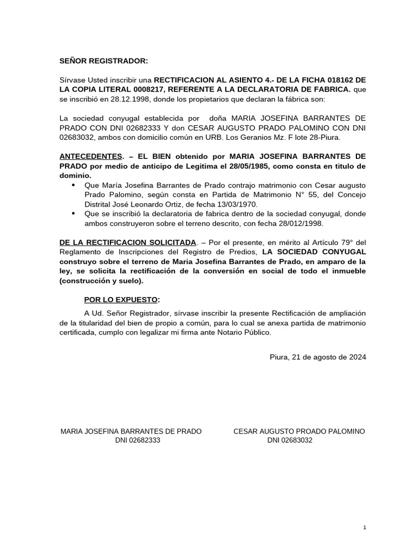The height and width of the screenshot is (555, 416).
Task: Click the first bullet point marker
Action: coord(74,185)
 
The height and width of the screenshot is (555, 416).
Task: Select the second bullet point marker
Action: coord(74,214)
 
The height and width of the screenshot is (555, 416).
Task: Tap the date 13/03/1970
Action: coord(236,204)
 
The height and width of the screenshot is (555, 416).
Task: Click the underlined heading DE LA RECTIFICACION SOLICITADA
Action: coord(127,242)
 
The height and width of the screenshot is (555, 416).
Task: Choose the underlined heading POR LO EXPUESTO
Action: coord(121,300)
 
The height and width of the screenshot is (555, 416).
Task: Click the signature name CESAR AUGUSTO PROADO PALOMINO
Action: coord(299,431)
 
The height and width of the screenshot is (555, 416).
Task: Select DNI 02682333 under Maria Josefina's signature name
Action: coord(138,441)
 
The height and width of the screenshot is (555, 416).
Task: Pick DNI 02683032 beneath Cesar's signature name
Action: coord(290,441)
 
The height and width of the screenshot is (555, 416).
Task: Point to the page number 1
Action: coord(365,527)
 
